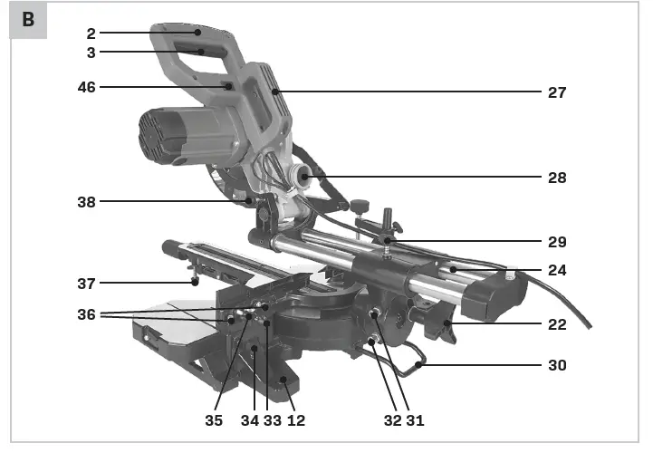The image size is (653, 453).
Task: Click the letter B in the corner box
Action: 27,20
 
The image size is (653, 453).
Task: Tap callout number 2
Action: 91,33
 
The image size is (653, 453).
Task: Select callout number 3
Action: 91,52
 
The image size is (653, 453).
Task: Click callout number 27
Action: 556,92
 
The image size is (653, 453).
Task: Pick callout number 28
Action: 556,178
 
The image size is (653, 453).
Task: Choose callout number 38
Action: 86,202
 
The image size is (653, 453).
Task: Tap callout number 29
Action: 556,242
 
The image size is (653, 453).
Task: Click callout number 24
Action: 556,270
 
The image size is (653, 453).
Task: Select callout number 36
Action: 86,314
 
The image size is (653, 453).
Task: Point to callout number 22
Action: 556,324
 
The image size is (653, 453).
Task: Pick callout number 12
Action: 296,420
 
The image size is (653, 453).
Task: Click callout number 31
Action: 415,420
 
